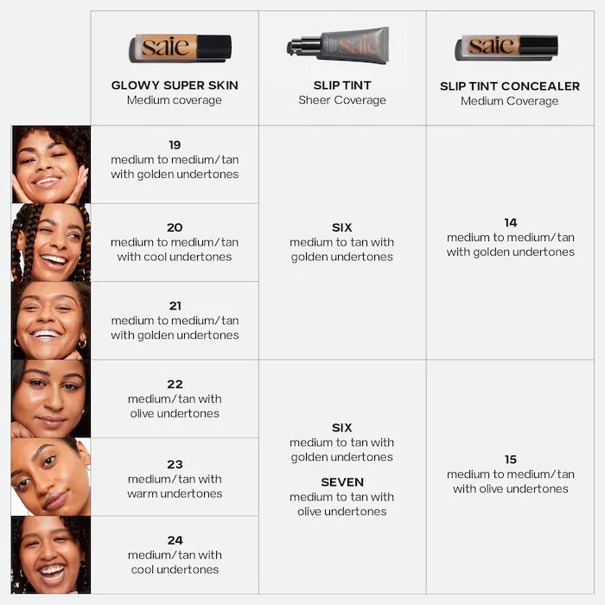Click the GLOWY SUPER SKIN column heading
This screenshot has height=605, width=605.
point(175,86)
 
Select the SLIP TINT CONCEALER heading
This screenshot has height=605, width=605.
point(510,86)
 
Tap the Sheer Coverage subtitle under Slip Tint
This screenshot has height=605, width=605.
point(342,100)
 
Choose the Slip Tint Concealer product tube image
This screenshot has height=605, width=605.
point(506,47)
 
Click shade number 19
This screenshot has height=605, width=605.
point(175,145)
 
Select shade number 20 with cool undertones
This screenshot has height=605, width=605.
point(175,227)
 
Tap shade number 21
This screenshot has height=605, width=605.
point(175,306)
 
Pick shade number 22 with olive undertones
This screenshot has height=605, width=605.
point(175,384)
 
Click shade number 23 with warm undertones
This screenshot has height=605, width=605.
point(175,464)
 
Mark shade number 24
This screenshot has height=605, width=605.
point(175,540)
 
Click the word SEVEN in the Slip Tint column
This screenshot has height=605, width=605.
point(342,482)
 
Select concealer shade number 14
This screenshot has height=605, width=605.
point(510,223)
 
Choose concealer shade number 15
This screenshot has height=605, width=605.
point(510,460)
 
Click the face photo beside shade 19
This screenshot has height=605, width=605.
point(50,164)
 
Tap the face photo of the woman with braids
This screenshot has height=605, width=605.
point(50,243)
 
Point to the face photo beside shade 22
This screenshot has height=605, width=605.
point(50,398)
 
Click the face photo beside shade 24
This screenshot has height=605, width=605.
point(50,555)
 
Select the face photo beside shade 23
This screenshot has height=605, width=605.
point(50,477)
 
